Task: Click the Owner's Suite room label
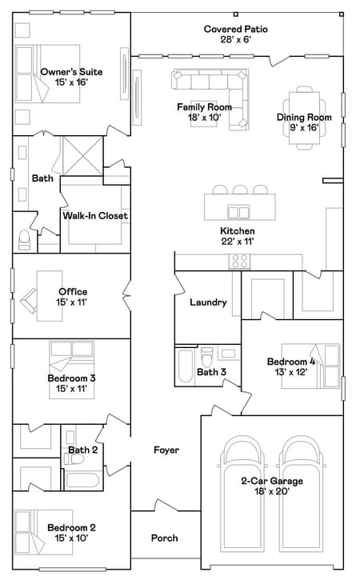71,72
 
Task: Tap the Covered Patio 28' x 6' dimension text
235,39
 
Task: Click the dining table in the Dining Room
304,118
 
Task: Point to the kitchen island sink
238,212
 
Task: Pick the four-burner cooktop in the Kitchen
240,262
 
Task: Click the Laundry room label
208,302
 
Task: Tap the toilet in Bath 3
206,357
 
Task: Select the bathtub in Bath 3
186,366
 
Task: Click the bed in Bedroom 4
311,366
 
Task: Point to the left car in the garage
242,501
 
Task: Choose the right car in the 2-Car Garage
302,501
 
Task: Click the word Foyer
166,450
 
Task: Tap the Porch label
164,538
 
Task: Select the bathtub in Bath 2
82,481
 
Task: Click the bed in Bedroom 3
72,370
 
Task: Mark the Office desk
50,296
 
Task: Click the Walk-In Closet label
95,216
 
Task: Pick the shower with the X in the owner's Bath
82,156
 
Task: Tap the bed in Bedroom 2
43,532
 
